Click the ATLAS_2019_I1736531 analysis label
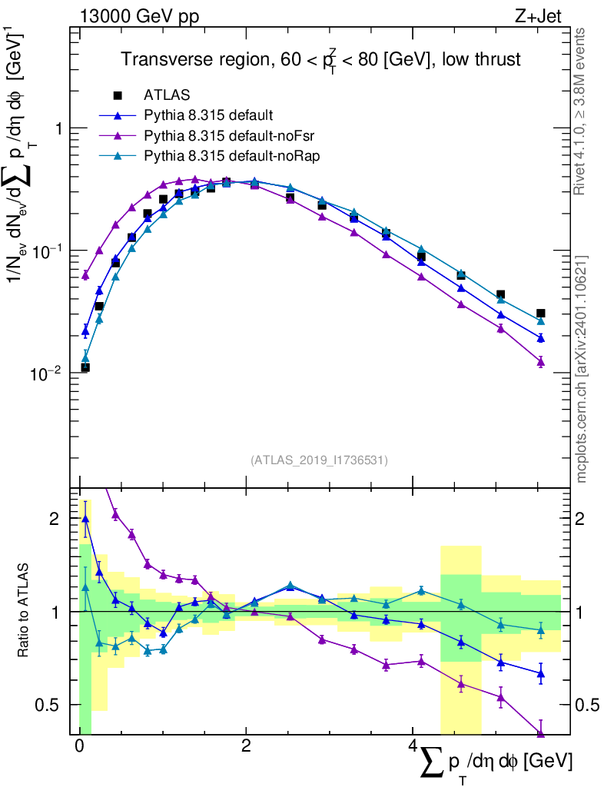tap(319, 460)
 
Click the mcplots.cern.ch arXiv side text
tap(582, 369)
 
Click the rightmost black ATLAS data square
tap(541, 313)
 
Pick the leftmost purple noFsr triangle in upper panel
tap(85, 274)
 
